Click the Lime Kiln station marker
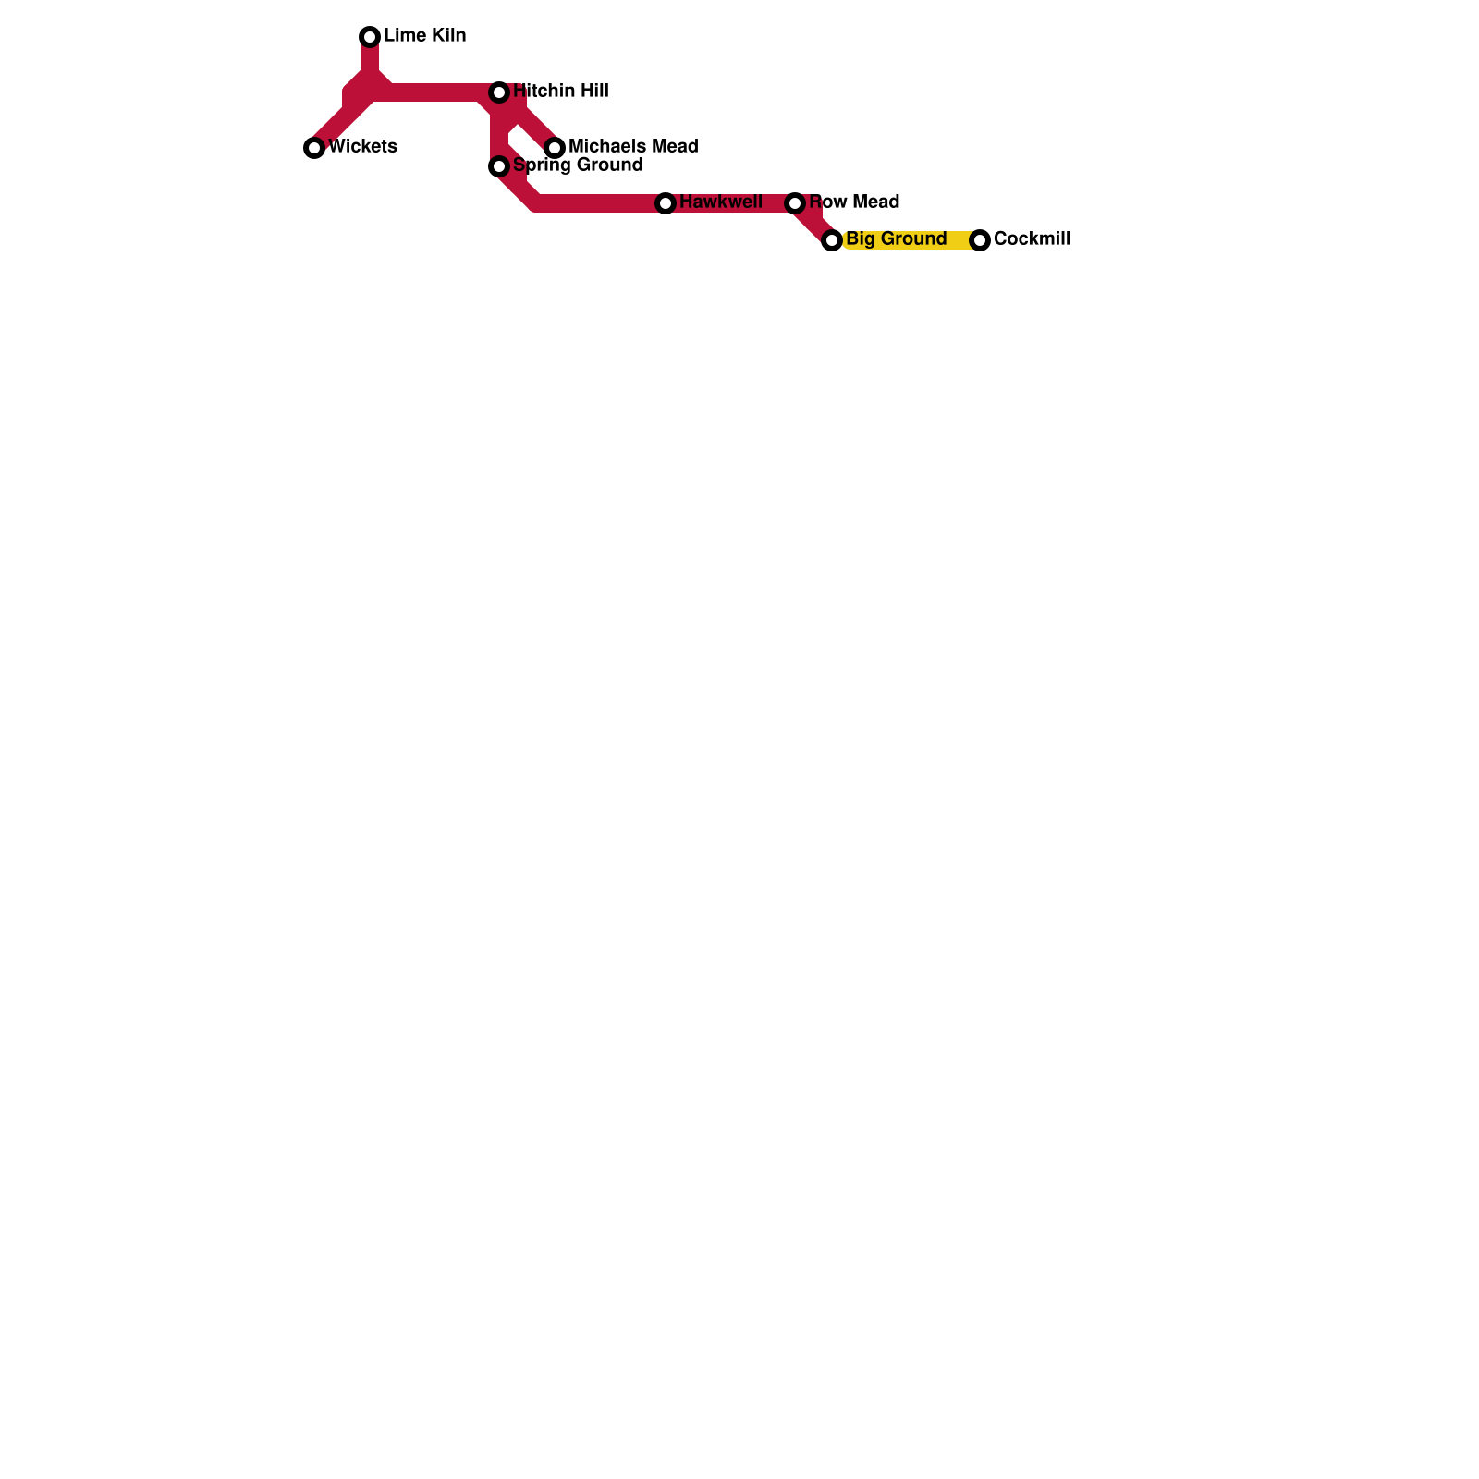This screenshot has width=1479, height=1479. coord(370,37)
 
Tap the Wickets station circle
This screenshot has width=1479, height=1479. coord(314,148)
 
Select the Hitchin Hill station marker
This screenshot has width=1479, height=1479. coord(499,92)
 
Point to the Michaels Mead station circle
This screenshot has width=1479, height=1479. coord(555,148)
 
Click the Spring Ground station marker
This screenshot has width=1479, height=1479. coord(499,166)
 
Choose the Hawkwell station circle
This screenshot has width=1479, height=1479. coord(666,203)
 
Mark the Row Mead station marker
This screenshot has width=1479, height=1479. coord(795,203)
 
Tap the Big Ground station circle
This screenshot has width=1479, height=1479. coord(832,240)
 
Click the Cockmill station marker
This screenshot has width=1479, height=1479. coord(980,240)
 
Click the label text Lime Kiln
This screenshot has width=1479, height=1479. coord(424,36)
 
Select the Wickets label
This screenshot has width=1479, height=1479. coord(362,147)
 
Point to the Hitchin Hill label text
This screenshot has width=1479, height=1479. coord(560,92)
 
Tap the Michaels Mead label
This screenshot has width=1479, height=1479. coord(633,147)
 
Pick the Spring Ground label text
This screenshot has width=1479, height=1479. coord(578,165)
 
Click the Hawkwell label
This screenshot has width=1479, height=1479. coord(721,202)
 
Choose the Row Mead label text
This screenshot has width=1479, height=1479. coord(854,202)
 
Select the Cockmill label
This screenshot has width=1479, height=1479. coord(1032,239)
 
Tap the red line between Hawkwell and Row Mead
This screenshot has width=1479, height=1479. coord(730,203)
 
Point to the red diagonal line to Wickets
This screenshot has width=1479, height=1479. coord(342,120)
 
